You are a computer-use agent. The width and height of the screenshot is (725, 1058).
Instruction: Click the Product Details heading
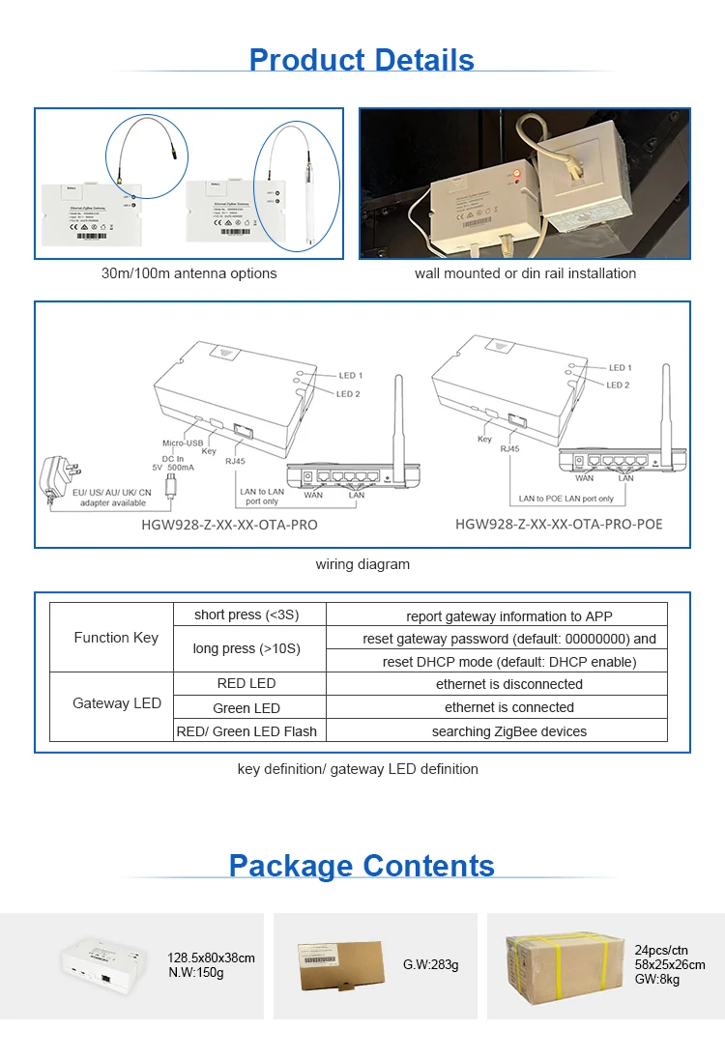pos(362,60)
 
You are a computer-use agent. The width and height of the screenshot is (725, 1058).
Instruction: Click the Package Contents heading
pos(362,865)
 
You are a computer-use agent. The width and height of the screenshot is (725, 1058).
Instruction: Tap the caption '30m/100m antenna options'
pos(189,273)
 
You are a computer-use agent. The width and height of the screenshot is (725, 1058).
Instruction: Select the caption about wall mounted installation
pos(525,273)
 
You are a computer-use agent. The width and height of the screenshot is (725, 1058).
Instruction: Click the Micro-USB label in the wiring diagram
pos(182,443)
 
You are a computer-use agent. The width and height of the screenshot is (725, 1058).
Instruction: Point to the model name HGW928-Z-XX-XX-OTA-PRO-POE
pos(559,525)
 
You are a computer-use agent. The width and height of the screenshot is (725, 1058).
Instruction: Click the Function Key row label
pos(116,638)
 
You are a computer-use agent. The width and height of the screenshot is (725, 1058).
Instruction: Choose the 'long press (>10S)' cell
pos(246,648)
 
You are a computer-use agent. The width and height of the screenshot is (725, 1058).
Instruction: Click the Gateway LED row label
pos(116,703)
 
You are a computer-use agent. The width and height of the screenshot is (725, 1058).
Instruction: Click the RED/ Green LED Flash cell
pos(246,731)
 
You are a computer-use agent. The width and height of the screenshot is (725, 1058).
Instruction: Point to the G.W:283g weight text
pos(430,964)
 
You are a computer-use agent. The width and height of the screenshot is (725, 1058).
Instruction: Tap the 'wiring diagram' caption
pos(362,564)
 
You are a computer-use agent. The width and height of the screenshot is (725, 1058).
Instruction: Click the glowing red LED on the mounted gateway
pos(516,176)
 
